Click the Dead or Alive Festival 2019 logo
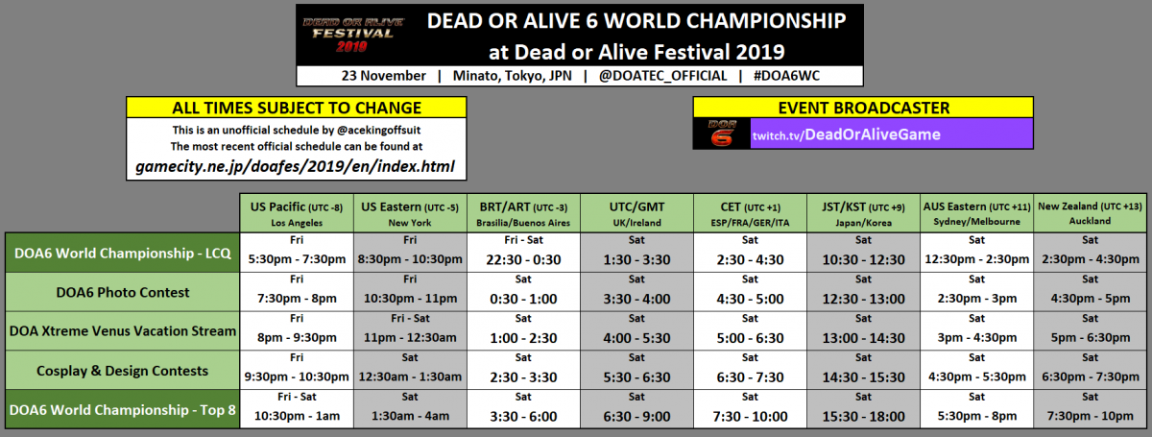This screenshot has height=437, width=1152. (x=353, y=35)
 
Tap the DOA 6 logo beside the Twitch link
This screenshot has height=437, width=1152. (x=722, y=134)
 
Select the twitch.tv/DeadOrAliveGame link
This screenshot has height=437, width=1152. (x=847, y=134)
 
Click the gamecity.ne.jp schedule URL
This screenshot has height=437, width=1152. (x=296, y=166)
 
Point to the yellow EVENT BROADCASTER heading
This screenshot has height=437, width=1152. (x=863, y=108)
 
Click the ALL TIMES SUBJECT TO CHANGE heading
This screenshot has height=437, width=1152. (x=297, y=108)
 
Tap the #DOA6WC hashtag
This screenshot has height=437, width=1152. (x=786, y=76)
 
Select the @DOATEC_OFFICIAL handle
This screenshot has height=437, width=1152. (x=662, y=76)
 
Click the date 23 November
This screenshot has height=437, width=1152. (x=383, y=76)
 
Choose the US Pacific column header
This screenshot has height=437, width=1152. (x=297, y=213)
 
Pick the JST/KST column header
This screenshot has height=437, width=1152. (x=863, y=213)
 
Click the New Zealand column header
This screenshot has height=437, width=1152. (x=1090, y=213)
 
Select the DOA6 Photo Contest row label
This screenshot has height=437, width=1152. (x=123, y=292)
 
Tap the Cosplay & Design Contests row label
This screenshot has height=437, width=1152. (x=123, y=371)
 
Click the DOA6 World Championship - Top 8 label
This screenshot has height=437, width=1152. (x=123, y=410)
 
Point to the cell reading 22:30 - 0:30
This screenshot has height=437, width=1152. (x=523, y=253)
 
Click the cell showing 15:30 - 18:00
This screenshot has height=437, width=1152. (x=863, y=410)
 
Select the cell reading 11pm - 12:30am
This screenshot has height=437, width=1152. (x=410, y=331)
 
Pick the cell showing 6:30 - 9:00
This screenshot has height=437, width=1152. (x=636, y=410)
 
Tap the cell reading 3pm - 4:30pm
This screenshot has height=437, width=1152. (x=976, y=331)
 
